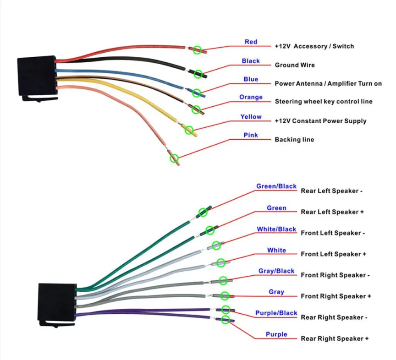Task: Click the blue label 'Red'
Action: click(x=251, y=42)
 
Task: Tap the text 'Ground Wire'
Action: click(x=295, y=65)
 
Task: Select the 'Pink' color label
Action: click(x=251, y=135)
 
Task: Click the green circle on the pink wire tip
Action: click(x=174, y=158)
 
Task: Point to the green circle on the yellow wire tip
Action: click(x=189, y=130)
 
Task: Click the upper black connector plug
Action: click(x=37, y=78)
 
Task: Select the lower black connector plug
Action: click(x=57, y=305)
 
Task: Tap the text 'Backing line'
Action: click(x=294, y=140)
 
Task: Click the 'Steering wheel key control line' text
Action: click(x=324, y=102)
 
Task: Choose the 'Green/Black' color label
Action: click(x=276, y=186)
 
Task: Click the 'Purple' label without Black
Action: click(x=276, y=334)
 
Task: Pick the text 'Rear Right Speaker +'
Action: click(x=335, y=338)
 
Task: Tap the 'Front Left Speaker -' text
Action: click(x=333, y=233)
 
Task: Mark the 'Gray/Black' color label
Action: click(x=276, y=271)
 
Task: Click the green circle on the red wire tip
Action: click(x=197, y=50)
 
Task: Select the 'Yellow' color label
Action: click(x=251, y=117)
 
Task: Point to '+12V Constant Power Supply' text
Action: click(x=320, y=121)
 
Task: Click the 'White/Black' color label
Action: click(x=276, y=229)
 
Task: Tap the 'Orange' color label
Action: click(x=251, y=97)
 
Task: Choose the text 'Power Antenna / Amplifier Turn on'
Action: click(x=328, y=83)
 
